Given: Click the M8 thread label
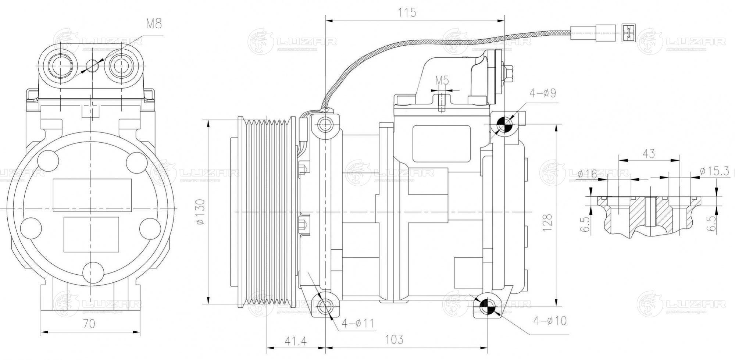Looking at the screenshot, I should [x=154, y=24].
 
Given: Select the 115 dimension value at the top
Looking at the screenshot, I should [x=407, y=13].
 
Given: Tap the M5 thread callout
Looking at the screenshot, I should [x=442, y=80].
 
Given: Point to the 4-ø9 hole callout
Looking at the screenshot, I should [x=543, y=93].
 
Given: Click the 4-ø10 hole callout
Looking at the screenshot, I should [x=550, y=321].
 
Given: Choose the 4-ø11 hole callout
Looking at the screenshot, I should [x=357, y=324].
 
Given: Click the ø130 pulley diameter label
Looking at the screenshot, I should [x=200, y=212].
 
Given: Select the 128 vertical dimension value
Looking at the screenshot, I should [x=547, y=222].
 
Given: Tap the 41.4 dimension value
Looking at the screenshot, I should [x=296, y=341].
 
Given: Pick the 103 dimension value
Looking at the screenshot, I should [x=394, y=339].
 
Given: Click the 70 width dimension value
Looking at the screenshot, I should [x=89, y=324].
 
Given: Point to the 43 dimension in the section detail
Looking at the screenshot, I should [x=649, y=154].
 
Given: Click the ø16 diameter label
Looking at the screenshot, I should [x=587, y=174].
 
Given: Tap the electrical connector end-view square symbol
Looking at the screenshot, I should [x=628, y=32].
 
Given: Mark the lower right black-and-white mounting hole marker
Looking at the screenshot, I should [x=488, y=304].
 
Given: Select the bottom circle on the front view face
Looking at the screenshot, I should [x=93, y=272].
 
